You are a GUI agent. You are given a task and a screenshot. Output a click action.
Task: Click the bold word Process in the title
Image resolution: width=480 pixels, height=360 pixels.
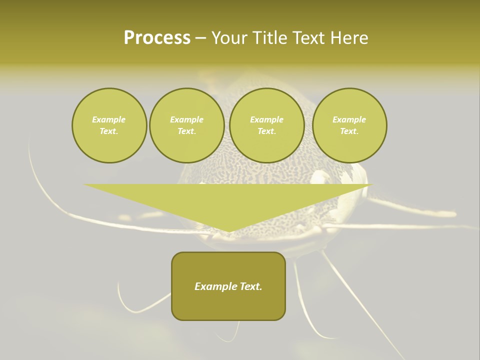[x=157, y=38]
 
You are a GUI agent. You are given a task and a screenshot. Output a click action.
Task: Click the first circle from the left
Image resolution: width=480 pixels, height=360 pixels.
[x=109, y=125]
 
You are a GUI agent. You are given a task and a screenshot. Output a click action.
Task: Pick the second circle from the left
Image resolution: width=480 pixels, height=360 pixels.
[x=186, y=125]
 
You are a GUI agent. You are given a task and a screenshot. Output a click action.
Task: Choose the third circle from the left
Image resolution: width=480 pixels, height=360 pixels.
[x=266, y=125]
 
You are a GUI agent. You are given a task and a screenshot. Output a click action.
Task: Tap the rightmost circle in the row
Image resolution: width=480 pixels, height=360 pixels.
[x=349, y=125]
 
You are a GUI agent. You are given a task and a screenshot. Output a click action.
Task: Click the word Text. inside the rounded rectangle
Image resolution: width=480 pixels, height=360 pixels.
[x=251, y=286]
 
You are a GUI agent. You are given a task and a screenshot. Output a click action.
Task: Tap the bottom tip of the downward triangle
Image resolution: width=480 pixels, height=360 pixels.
[x=228, y=231]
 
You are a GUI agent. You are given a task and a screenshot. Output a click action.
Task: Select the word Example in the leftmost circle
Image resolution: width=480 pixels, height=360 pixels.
[x=109, y=119]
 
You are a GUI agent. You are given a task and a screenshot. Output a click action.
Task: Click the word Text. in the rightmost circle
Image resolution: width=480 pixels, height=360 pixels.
[x=349, y=131]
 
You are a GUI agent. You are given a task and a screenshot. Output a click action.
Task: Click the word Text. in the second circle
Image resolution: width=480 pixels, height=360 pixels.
[x=186, y=131]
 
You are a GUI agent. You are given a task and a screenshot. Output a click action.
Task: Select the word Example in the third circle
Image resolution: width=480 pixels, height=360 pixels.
[x=266, y=119]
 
